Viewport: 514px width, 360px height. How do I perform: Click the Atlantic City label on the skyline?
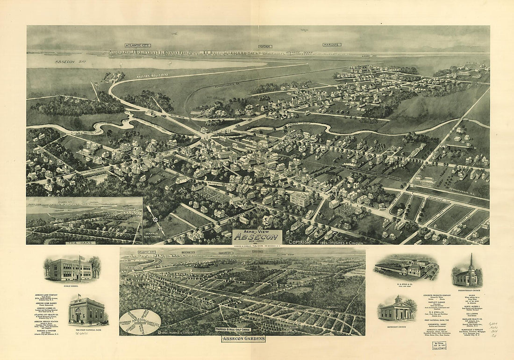pyautogui.click(x=137, y=45)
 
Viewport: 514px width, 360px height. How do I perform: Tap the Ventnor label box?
pyautogui.click(x=264, y=46)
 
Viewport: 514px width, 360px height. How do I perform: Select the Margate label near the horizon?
pyautogui.click(x=331, y=45)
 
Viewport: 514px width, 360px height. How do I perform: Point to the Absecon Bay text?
pyautogui.click(x=68, y=62)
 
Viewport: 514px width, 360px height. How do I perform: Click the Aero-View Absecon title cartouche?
pyautogui.click(x=257, y=236)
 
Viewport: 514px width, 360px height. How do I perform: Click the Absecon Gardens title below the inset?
pyautogui.click(x=243, y=339)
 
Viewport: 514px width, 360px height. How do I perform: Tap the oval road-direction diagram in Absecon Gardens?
pyautogui.click(x=140, y=322)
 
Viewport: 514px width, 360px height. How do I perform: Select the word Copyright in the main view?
pyautogui.click(x=303, y=242)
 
